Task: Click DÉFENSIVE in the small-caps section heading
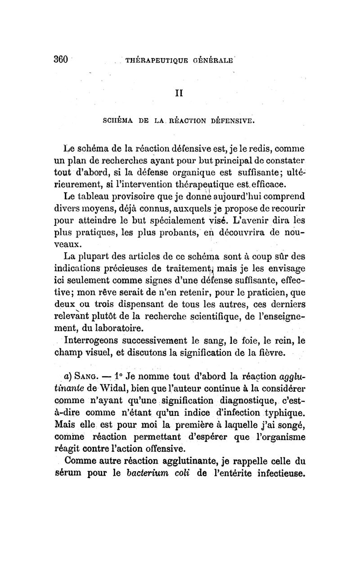[230, 120]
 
